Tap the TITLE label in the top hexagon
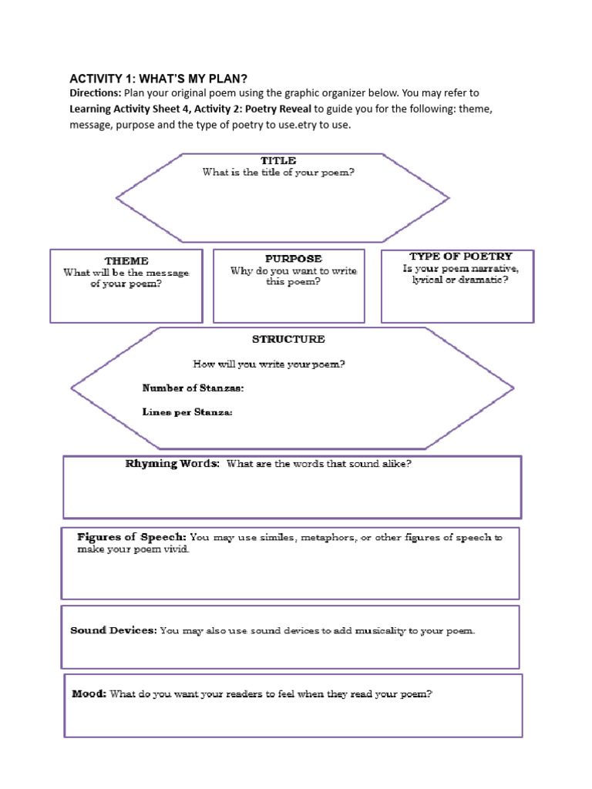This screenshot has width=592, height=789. (x=277, y=160)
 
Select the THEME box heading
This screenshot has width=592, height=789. (x=126, y=261)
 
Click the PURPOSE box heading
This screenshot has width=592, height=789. (x=294, y=259)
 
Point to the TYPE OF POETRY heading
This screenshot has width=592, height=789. (x=461, y=256)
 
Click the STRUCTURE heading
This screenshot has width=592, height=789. (x=288, y=339)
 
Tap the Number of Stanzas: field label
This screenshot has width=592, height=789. (x=193, y=388)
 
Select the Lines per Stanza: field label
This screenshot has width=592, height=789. (x=187, y=412)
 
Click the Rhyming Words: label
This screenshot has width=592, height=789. (x=173, y=464)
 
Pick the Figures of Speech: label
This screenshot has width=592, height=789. (x=131, y=537)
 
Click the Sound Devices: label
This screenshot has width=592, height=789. (x=113, y=630)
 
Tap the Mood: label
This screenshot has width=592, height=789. (x=89, y=693)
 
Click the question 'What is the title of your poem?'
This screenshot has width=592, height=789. (x=278, y=173)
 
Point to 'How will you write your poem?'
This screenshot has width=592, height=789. (x=268, y=364)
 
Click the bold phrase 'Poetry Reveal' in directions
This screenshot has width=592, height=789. (x=278, y=109)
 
